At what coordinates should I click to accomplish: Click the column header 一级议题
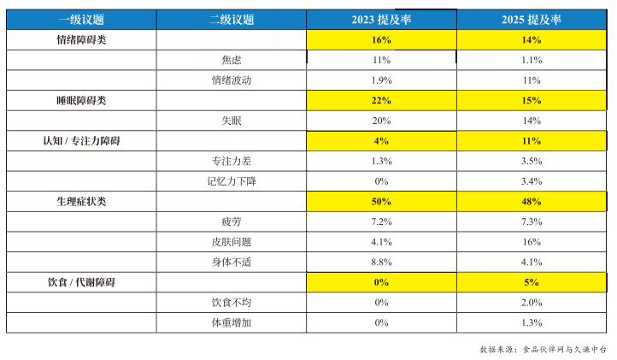(x=81, y=20)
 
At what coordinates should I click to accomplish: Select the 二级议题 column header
(x=232, y=20)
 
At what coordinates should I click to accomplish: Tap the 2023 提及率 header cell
(x=381, y=20)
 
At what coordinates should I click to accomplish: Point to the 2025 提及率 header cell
(x=532, y=20)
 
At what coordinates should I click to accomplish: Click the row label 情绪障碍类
(x=81, y=40)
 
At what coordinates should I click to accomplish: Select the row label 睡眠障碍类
(x=81, y=101)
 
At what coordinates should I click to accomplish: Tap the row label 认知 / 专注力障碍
(x=81, y=141)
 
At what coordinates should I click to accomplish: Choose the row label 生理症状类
(x=81, y=202)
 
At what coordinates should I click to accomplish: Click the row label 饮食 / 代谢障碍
(x=81, y=282)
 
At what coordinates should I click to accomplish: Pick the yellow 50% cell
(x=381, y=202)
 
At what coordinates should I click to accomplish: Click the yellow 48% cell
(x=532, y=202)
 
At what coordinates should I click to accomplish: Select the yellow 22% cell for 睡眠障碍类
(x=381, y=101)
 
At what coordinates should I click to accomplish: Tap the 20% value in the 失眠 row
(x=381, y=121)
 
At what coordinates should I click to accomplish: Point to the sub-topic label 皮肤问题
(x=232, y=242)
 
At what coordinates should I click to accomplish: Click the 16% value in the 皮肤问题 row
(x=532, y=242)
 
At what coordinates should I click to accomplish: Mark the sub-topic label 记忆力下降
(x=232, y=181)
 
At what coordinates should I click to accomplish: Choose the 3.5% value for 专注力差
(x=532, y=161)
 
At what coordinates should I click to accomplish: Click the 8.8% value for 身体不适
(x=381, y=263)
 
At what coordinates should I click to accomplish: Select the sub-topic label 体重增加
(x=232, y=323)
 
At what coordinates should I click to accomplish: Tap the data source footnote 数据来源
(x=543, y=350)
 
